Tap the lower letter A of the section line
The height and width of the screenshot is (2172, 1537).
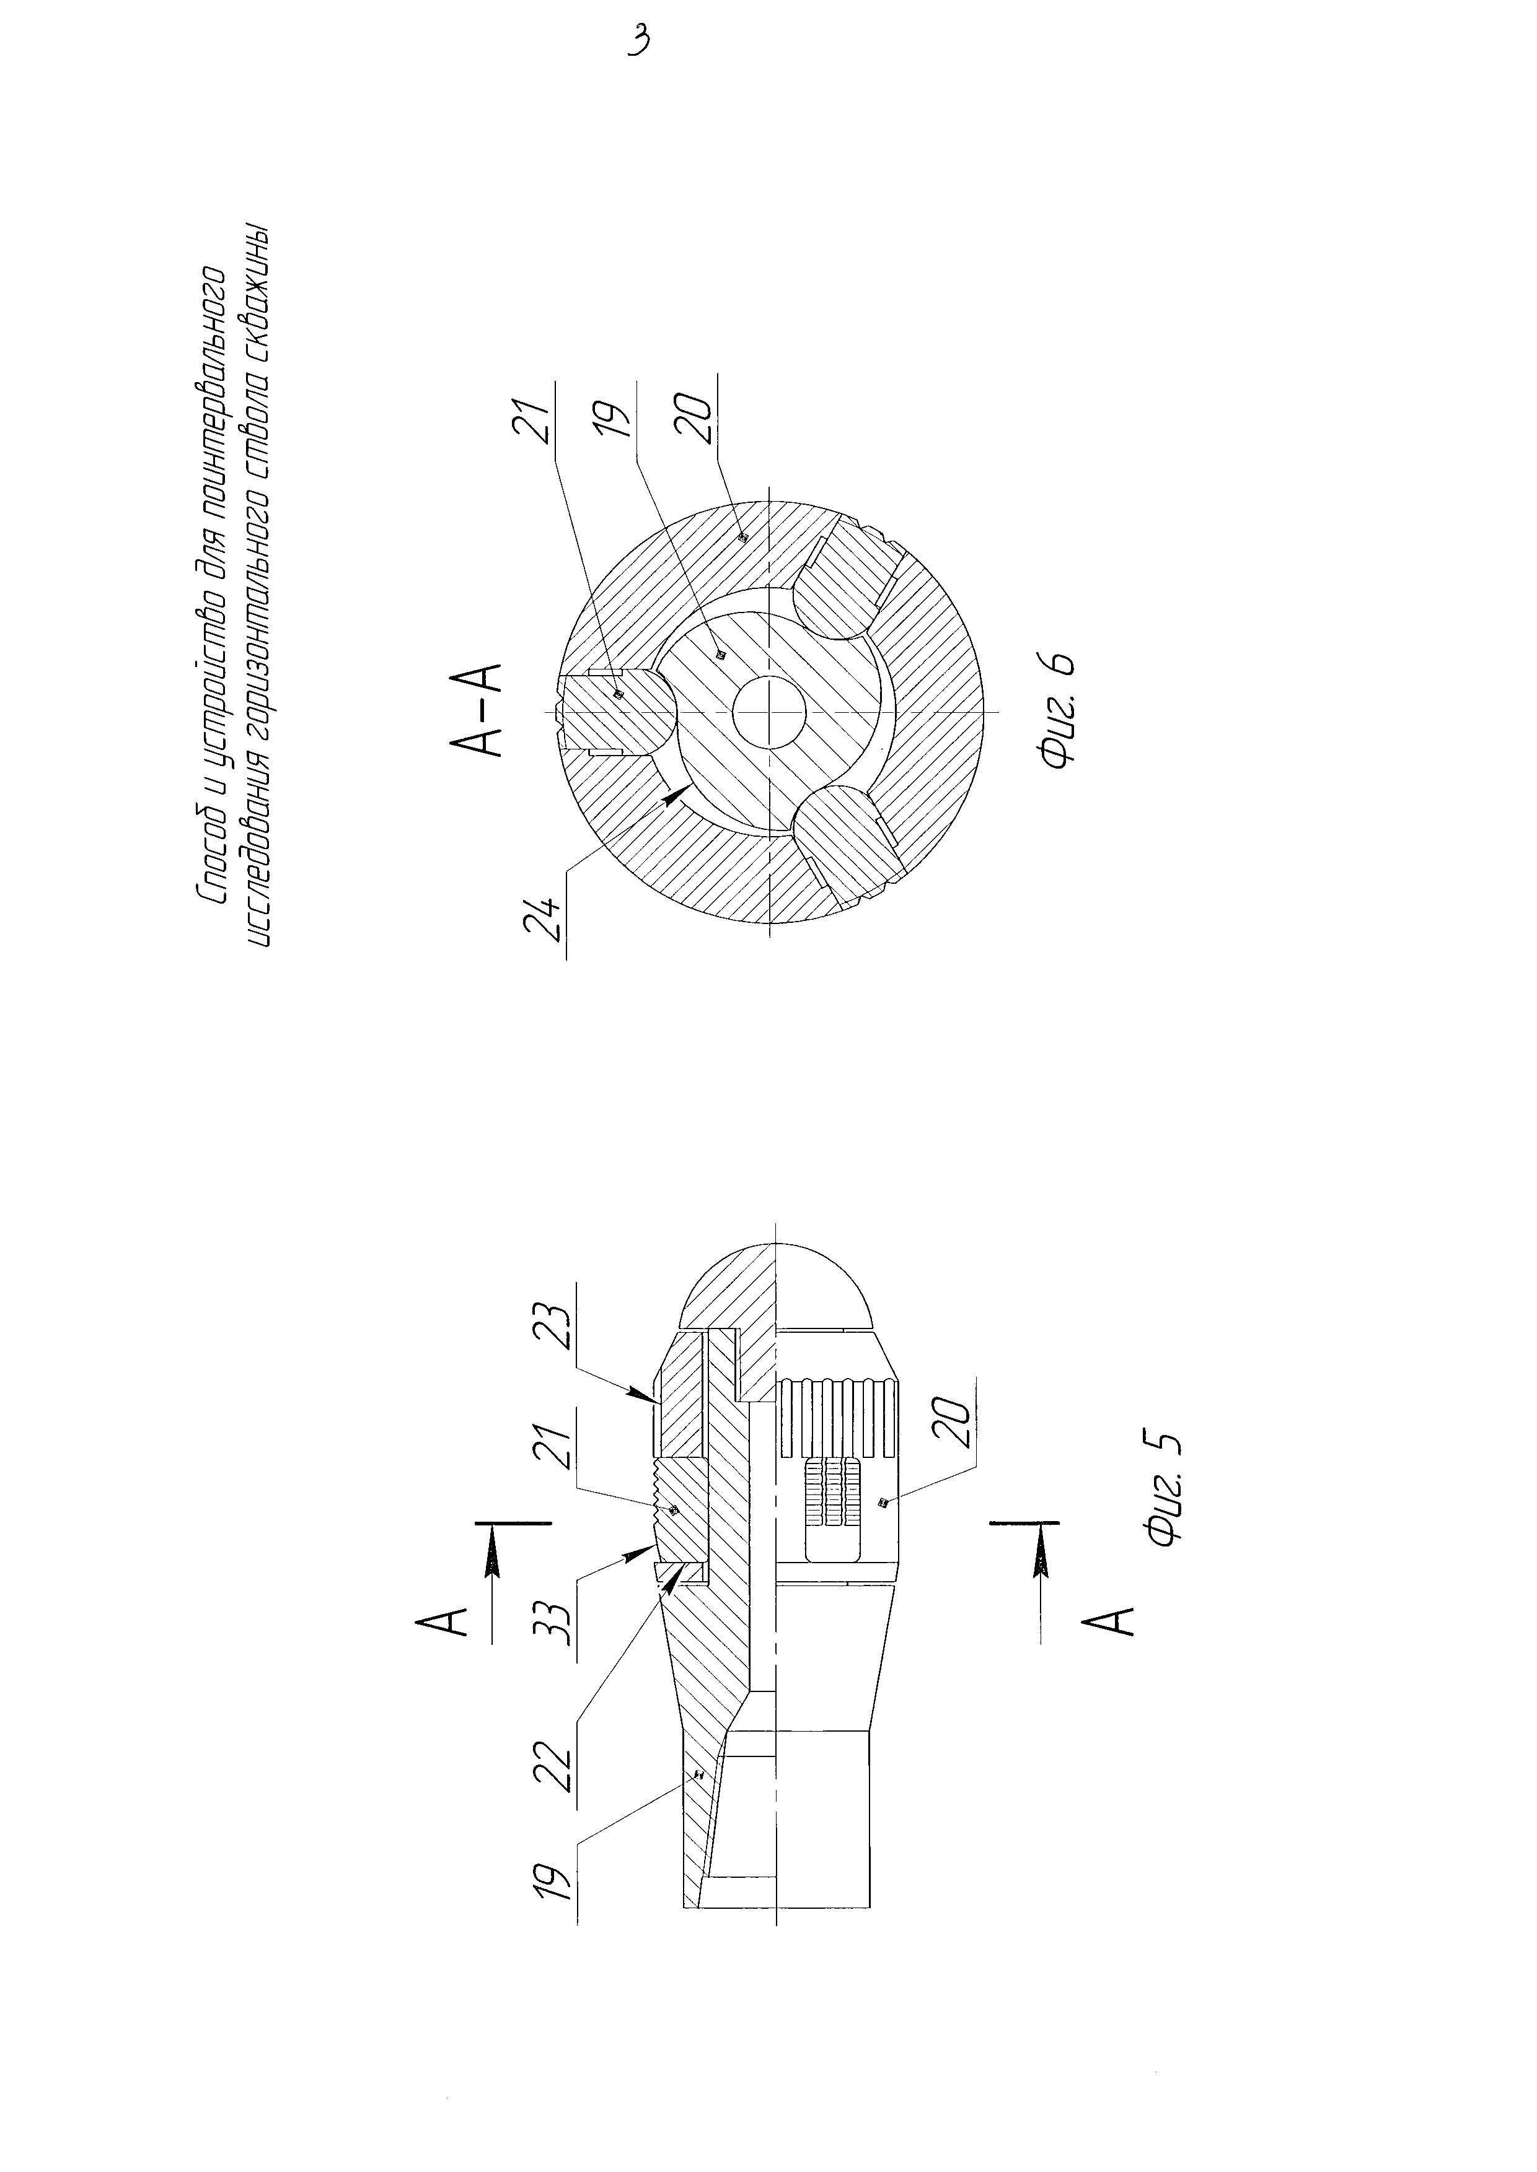pos(1117,1630)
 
